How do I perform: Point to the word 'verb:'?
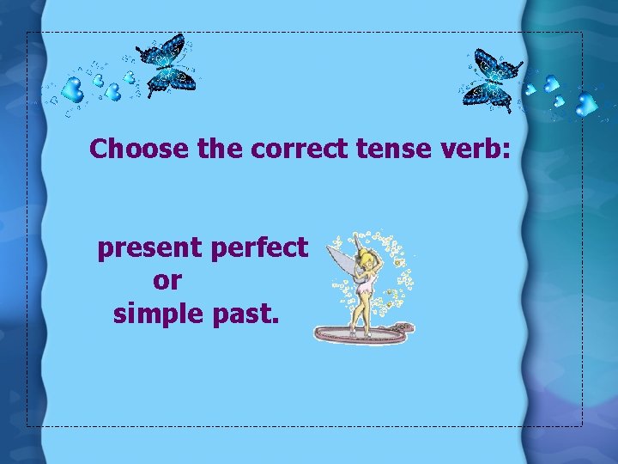(475, 149)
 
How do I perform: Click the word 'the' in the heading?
(220, 149)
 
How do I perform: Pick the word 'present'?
(149, 248)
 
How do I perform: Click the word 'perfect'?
(258, 248)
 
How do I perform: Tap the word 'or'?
(167, 281)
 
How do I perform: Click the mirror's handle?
(402, 327)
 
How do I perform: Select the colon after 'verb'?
(506, 153)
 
